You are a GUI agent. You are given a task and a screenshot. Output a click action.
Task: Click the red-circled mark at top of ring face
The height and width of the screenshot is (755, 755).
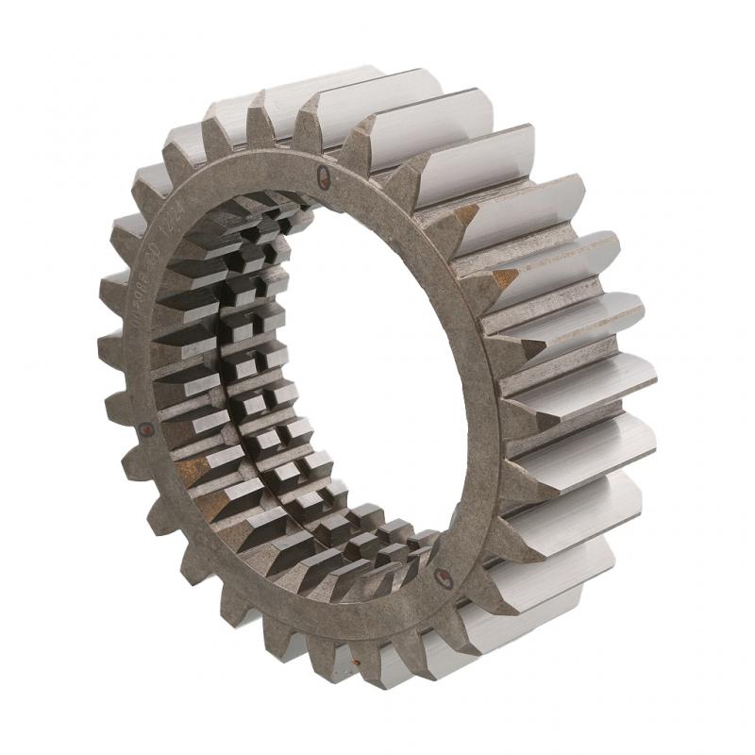pyautogui.click(x=324, y=172)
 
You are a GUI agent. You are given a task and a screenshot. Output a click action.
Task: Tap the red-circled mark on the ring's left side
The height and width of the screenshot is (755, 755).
pyautogui.click(x=145, y=429)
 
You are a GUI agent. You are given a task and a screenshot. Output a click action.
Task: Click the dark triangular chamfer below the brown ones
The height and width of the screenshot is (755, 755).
pyautogui.click(x=531, y=348)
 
